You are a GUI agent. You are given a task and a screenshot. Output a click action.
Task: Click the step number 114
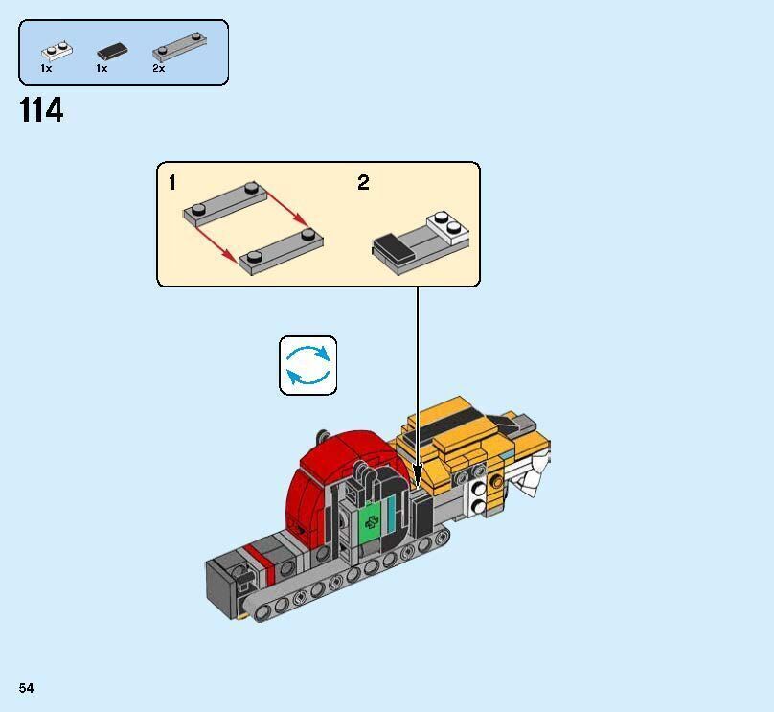(41, 111)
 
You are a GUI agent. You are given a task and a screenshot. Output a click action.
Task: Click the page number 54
(26, 688)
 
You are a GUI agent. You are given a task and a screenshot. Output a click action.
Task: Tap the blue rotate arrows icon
(308, 365)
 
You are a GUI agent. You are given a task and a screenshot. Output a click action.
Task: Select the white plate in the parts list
(54, 50)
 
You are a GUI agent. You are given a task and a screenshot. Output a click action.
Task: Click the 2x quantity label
(158, 69)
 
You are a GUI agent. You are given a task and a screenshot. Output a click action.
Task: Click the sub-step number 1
(172, 183)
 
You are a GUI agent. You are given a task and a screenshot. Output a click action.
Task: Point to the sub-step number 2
(363, 183)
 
